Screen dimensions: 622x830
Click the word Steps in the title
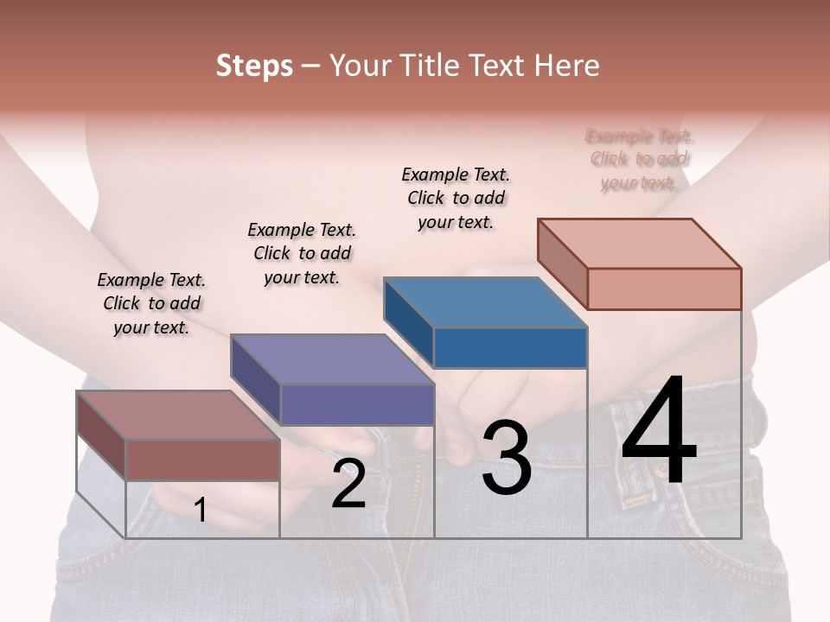point(254,66)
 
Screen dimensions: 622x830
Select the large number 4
point(659,432)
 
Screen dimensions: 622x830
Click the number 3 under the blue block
point(506,458)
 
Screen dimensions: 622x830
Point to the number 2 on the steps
point(348,484)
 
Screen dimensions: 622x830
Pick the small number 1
point(201,510)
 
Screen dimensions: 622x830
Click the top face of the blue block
point(484,303)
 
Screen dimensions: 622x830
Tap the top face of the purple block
point(331,359)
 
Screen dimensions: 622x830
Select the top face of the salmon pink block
point(639,244)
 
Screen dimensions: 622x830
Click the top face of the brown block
point(178,416)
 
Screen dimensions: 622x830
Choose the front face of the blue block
point(510,348)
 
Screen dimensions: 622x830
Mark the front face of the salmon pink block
point(664,289)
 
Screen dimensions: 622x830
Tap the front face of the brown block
point(202,460)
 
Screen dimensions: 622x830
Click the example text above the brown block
point(151,303)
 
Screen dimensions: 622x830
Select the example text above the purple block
point(302,253)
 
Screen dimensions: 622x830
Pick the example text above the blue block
point(456,198)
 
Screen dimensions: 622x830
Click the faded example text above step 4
point(639,159)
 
